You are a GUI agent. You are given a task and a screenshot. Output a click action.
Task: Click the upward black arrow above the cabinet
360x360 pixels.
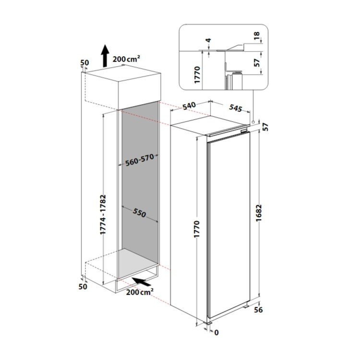click(x=106, y=55)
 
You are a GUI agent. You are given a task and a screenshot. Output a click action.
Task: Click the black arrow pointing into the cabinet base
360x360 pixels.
click(x=142, y=282)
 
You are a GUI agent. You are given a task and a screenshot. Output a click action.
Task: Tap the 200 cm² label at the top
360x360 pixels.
click(x=126, y=59)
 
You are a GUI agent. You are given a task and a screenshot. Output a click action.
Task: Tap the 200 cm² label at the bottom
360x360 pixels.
click(x=140, y=292)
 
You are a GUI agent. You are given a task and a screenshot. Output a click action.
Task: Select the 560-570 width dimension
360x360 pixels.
click(x=139, y=160)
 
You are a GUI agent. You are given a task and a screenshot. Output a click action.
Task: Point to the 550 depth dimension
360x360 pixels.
click(x=139, y=213)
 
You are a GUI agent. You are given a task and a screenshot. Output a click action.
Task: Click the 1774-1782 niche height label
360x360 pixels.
click(x=103, y=215)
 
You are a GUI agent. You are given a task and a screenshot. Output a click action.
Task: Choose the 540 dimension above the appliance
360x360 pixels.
click(x=190, y=106)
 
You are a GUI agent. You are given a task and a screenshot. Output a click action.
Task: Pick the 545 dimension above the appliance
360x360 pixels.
click(x=236, y=108)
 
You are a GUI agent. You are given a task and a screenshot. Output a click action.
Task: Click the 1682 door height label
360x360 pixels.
click(x=259, y=213)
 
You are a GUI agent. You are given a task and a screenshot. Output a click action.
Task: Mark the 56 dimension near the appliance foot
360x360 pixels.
click(x=258, y=310)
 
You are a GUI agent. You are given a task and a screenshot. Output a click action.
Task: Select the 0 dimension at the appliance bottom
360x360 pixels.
click(x=216, y=332)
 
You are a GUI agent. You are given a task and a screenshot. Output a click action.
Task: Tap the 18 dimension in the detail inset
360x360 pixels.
click(x=257, y=36)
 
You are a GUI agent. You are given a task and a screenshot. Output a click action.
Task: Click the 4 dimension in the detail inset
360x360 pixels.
click(x=209, y=40)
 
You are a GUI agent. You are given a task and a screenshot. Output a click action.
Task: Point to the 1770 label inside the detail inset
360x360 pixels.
click(x=197, y=75)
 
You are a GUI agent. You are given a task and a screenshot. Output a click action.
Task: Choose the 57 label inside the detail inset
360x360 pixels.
click(x=257, y=62)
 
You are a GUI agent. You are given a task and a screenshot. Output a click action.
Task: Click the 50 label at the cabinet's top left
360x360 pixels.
click(x=84, y=62)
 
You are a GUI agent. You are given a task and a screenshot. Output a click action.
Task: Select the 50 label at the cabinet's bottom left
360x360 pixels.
click(x=83, y=287)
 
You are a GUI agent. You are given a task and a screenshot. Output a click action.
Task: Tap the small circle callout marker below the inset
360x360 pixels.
click(x=253, y=122)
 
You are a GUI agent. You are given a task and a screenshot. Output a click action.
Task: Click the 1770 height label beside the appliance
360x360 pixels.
click(x=197, y=229)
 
